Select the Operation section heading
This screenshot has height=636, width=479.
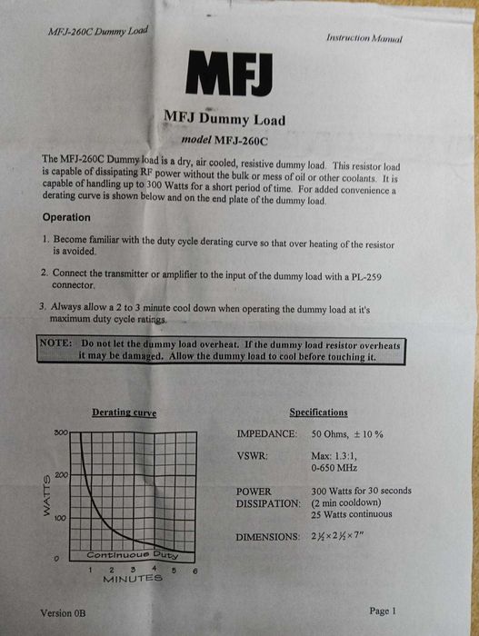click(x=66, y=218)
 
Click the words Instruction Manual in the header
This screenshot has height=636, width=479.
click(x=364, y=38)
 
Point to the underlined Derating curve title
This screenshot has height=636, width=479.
click(x=125, y=413)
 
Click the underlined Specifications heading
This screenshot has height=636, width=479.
click(x=318, y=412)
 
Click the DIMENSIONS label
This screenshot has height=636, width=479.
click(x=268, y=537)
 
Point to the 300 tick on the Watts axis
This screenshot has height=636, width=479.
click(x=61, y=433)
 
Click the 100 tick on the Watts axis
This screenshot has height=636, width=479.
click(x=61, y=518)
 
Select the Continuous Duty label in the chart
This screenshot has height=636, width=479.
click(x=133, y=554)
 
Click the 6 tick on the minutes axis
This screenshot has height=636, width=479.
click(x=195, y=570)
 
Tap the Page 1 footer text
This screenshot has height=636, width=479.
click(x=383, y=611)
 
